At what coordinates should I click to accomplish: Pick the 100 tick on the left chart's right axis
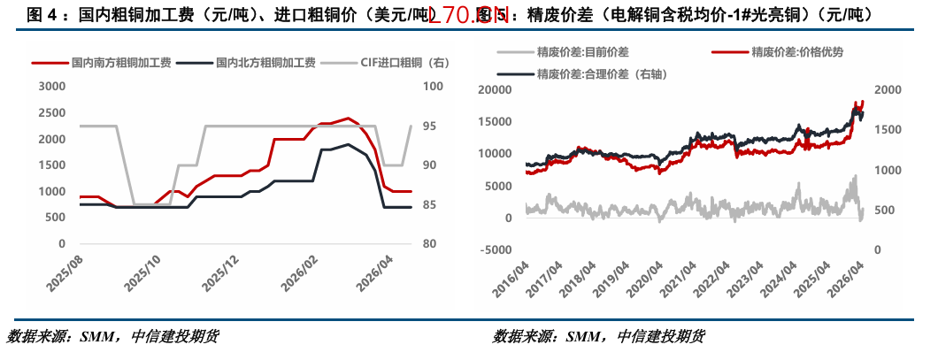(x=433, y=87)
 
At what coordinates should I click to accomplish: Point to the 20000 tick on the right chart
(x=494, y=90)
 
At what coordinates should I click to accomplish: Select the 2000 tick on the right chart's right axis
(x=887, y=90)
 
